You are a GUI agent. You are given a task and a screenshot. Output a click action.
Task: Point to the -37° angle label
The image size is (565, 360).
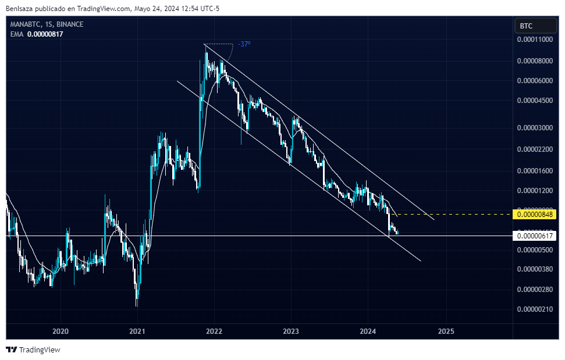pos(244,44)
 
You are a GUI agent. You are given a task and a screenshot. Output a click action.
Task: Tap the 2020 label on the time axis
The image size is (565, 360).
pos(61,331)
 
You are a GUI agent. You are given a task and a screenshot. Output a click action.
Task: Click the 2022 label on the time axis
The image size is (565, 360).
pos(214,331)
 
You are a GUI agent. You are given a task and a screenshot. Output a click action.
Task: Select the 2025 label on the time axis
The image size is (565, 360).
pos(445,331)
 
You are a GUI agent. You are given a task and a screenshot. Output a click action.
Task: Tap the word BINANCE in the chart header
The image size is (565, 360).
pos(70,24)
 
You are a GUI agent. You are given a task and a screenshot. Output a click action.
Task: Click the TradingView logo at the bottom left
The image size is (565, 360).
pos(33,350)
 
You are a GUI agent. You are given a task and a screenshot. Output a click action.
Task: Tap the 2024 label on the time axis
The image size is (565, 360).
pos(368,331)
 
